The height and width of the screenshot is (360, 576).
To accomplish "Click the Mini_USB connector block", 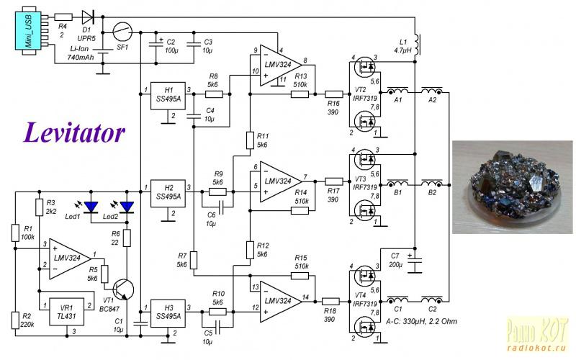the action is (28, 30).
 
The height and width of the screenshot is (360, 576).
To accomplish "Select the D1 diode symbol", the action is (88, 17).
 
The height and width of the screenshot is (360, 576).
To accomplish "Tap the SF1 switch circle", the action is (122, 32).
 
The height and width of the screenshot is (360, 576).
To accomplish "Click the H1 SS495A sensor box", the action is (168, 96).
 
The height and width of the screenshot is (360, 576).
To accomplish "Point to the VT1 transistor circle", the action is (123, 290).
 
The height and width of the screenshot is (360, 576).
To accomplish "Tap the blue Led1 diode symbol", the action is (91, 207).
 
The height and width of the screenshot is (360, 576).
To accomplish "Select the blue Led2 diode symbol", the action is (127, 207).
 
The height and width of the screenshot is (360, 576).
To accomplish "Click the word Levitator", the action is (75, 132).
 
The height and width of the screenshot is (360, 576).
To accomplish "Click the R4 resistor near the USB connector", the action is (63, 17).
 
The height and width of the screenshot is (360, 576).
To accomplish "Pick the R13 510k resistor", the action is (300, 94).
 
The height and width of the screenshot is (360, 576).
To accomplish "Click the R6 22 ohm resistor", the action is (127, 238).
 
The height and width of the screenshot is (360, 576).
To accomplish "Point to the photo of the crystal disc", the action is (512, 187).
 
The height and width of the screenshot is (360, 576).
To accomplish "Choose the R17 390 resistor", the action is (334, 181).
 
